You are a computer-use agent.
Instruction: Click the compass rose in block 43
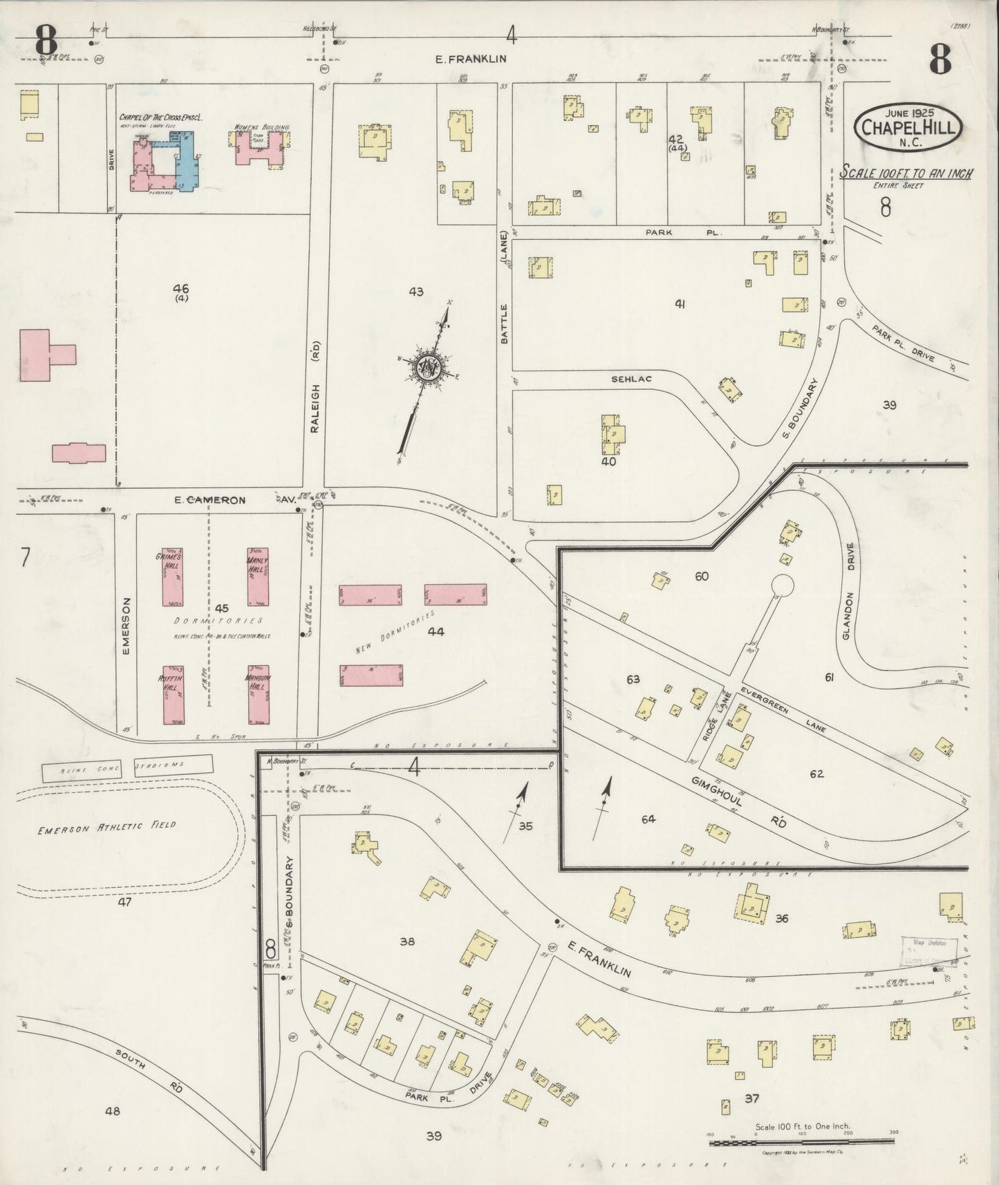[x=430, y=366]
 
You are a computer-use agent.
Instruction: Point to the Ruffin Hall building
[x=173, y=694]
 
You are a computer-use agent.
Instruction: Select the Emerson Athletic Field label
[x=106, y=825]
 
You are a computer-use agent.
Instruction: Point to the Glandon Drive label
[x=850, y=590]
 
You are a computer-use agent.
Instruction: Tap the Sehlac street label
[x=631, y=380]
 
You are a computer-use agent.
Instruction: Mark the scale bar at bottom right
[x=802, y=1142]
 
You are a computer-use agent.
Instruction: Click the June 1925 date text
[x=907, y=111]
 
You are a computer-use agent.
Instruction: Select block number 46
[x=181, y=289]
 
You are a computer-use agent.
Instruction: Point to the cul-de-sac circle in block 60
[x=782, y=585]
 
